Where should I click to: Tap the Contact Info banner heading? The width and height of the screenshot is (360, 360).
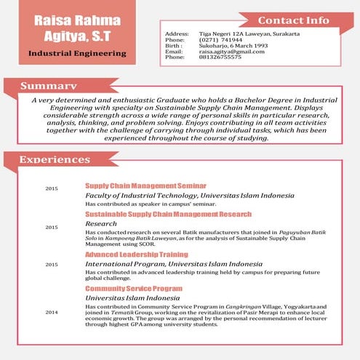point(292,20)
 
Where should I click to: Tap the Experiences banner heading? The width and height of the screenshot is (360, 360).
point(55,159)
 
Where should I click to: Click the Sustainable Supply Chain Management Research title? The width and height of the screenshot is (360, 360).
point(168,215)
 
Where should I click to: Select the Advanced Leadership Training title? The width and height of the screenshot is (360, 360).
point(137,255)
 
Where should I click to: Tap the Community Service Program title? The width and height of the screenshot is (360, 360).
point(134,289)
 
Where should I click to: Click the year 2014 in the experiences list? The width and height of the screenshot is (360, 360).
point(52,312)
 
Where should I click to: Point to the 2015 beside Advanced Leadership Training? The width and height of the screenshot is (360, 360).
point(52,265)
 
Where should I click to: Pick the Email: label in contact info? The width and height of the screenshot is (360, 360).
point(174,52)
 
